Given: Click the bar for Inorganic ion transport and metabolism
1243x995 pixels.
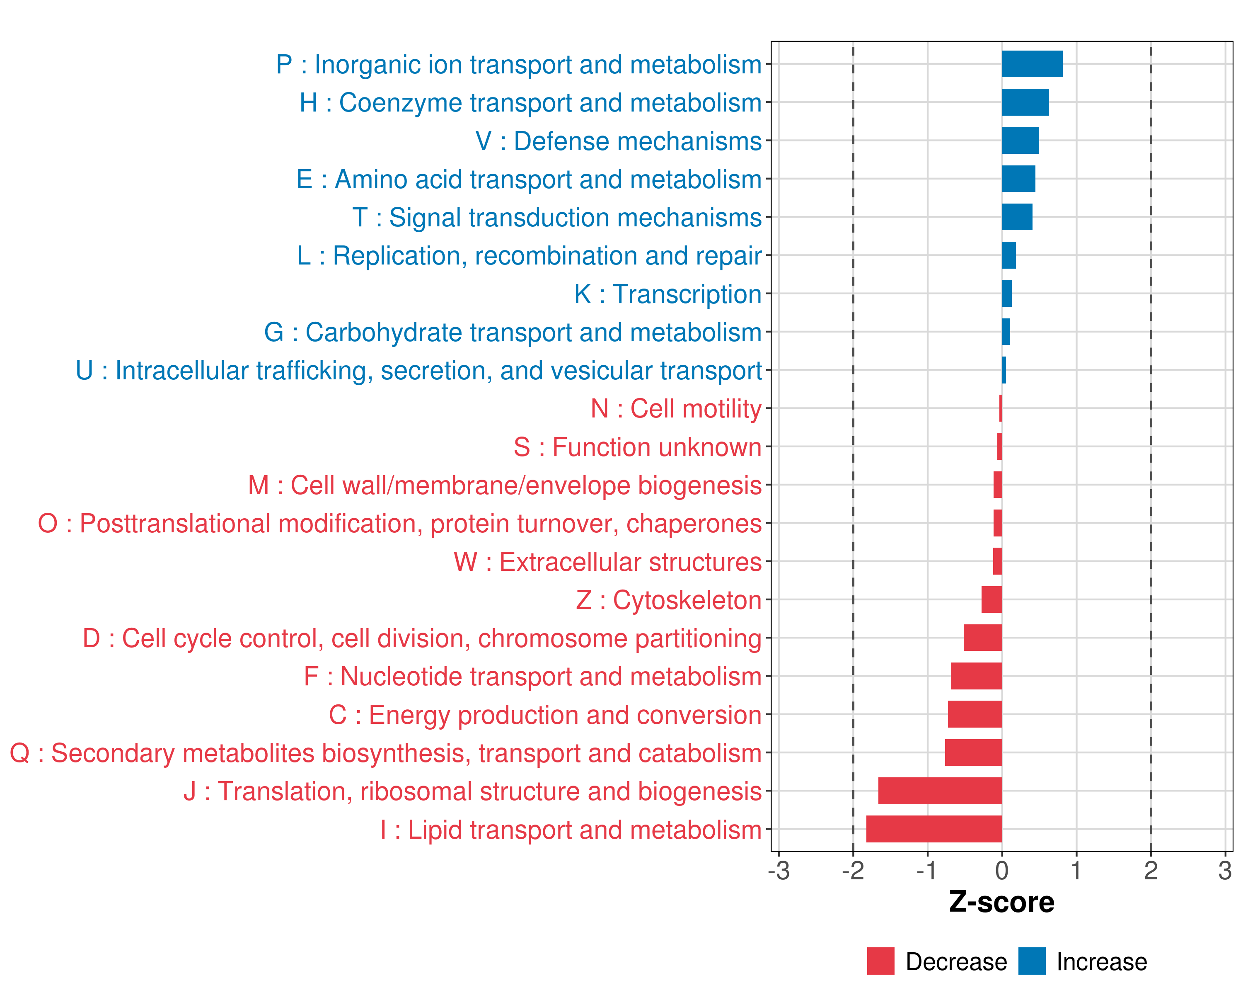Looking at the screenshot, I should coord(1032,64).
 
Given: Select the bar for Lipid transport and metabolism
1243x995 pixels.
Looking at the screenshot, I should coord(934,829).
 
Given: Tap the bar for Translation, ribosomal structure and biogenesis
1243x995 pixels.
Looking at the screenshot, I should coord(940,791).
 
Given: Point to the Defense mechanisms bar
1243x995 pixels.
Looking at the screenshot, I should coord(1021,141).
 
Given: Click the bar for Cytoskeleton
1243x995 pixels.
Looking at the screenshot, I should coord(991,600).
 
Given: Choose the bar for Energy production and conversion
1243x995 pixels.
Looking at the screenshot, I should coord(975,714).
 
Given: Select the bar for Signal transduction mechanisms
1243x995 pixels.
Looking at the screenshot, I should coord(1017,217).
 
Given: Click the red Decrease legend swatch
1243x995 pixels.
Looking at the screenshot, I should coord(880,961).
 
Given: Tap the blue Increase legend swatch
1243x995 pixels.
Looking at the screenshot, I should coord(1031,961).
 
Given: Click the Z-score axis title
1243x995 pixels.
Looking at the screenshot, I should coord(1001,902).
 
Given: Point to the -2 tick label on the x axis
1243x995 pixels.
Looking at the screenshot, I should coord(853,870).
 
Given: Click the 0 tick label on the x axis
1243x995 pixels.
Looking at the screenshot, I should coord(1002,870).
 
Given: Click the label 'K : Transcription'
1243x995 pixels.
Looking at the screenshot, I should coord(667,294).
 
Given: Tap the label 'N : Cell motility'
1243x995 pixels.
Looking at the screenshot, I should coord(676,409).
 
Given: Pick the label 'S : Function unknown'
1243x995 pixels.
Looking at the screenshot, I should coord(637,447).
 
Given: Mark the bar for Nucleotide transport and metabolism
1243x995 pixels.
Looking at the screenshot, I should coord(976,676).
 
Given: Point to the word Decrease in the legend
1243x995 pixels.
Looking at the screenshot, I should coord(956,961).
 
